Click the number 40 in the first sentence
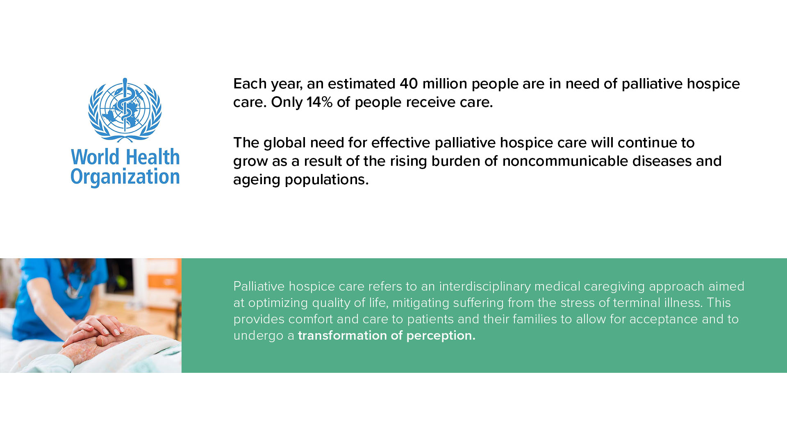pyautogui.click(x=409, y=83)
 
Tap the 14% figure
pyautogui.click(x=319, y=102)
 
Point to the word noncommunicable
pyautogui.click(x=565, y=161)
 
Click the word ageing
pyautogui.click(x=257, y=180)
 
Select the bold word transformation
pyautogui.click(x=342, y=336)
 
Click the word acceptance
pyautogui.click(x=664, y=320)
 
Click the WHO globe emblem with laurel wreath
pyautogui.click(x=125, y=110)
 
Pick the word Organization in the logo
pyautogui.click(x=125, y=177)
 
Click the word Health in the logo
pyautogui.click(x=153, y=157)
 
